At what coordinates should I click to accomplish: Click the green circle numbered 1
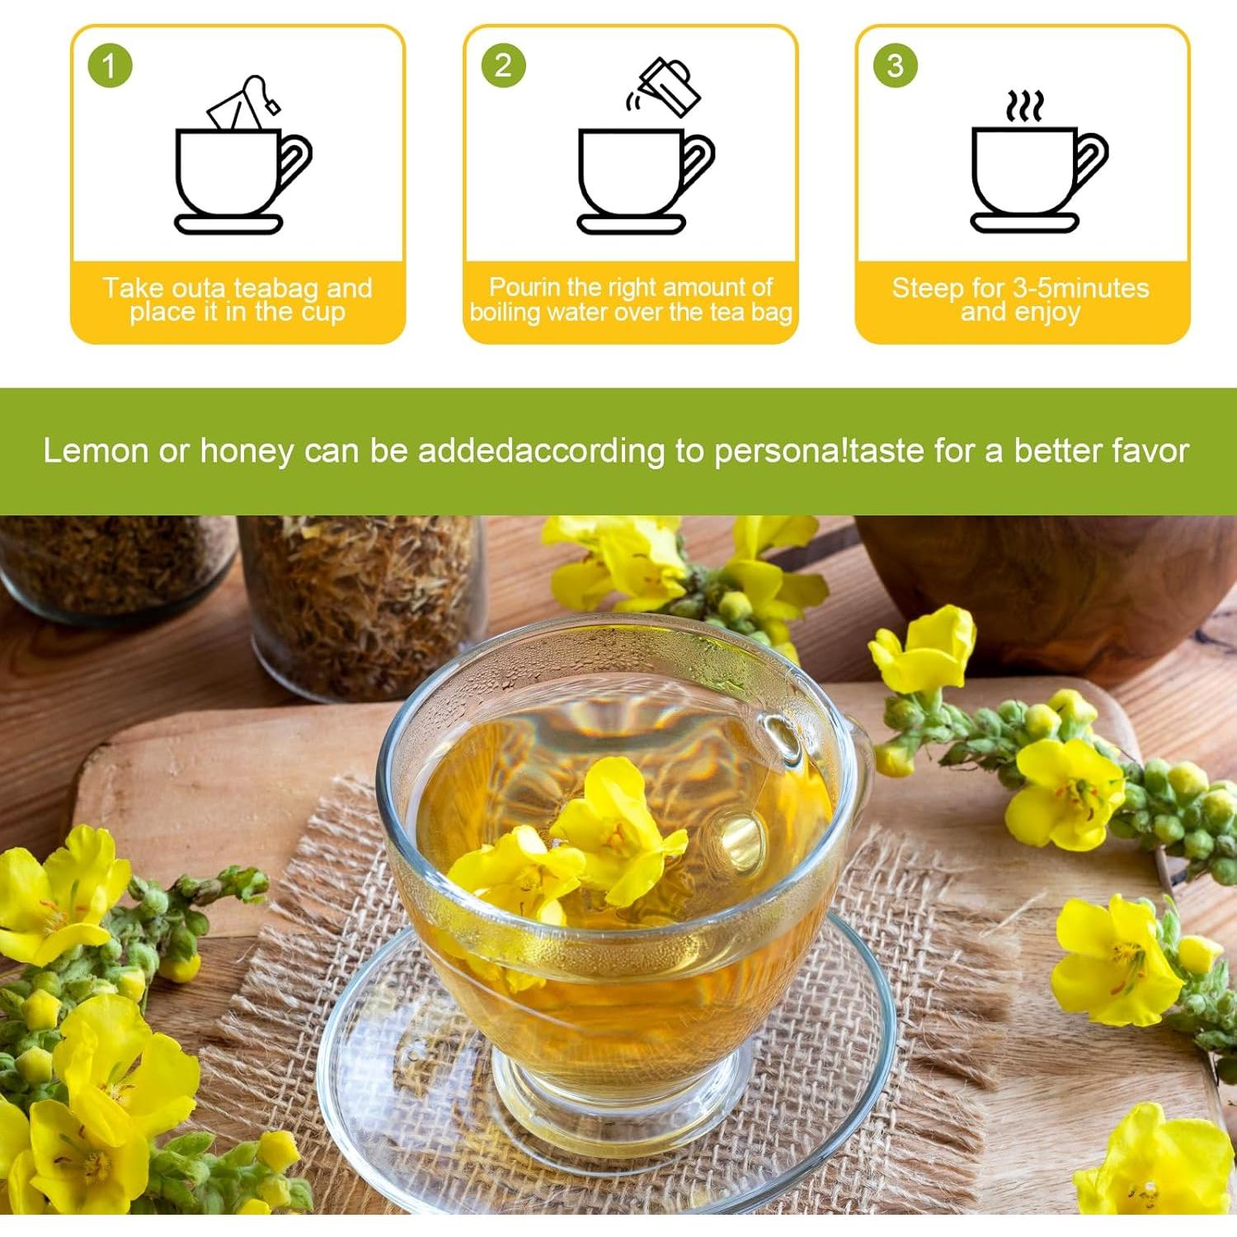tap(110, 66)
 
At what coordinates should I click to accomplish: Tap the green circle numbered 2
tap(503, 66)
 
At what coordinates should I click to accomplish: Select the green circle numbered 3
tap(896, 66)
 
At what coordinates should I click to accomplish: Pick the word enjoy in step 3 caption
tap(1047, 313)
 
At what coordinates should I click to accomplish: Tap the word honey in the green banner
tap(247, 451)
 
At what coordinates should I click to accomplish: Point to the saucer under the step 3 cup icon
tap(1024, 223)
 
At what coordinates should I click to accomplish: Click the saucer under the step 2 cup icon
tap(631, 223)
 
